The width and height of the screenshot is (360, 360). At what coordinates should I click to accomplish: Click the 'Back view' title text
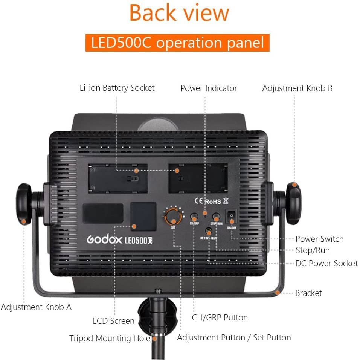point(179,13)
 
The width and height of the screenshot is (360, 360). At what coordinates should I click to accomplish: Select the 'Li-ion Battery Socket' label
point(117,88)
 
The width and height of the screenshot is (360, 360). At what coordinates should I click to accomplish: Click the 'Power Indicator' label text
point(209,88)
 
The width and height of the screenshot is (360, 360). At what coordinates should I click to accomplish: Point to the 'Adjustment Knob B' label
point(297,88)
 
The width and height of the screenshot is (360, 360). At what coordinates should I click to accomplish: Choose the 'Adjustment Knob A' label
point(36,307)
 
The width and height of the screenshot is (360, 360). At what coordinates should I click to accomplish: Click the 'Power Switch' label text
point(319,239)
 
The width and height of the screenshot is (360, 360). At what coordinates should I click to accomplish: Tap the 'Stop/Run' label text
point(313,250)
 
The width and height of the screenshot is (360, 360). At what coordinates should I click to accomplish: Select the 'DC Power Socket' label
point(326,263)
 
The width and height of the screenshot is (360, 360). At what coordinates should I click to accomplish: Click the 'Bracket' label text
point(308,293)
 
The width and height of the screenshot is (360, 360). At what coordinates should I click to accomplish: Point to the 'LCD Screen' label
point(113,321)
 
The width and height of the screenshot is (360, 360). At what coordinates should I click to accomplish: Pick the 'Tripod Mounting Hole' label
point(110,338)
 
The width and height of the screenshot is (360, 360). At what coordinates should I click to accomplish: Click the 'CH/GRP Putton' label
point(220,317)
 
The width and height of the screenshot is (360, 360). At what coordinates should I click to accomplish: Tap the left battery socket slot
point(117,177)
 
